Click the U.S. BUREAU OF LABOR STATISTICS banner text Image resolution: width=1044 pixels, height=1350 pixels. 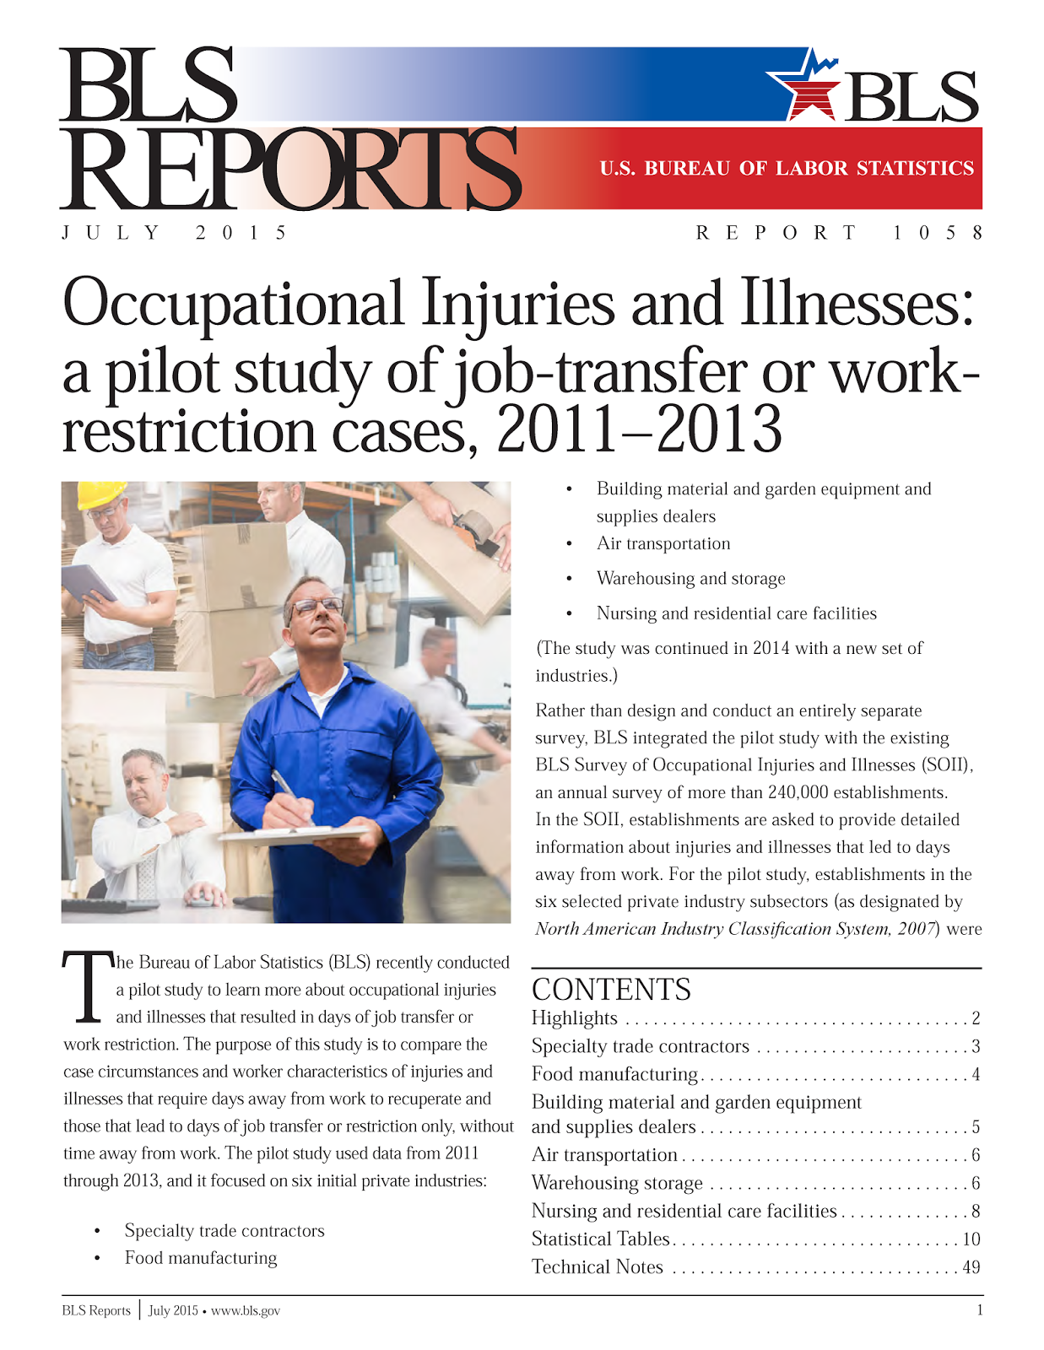(x=787, y=169)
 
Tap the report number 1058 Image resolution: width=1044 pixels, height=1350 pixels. (x=938, y=233)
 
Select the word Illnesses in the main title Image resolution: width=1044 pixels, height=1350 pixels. (x=857, y=304)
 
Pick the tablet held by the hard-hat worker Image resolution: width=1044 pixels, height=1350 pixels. (x=87, y=582)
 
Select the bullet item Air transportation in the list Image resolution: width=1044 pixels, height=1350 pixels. (x=663, y=544)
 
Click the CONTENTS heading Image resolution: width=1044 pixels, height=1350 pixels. (x=611, y=989)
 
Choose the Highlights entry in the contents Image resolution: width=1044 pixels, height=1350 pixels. (x=575, y=1018)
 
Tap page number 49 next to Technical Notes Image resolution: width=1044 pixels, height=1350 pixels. (x=971, y=1267)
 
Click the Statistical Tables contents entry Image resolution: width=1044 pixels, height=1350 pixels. (x=600, y=1239)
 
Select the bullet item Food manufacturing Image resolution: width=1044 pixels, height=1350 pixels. (x=201, y=1258)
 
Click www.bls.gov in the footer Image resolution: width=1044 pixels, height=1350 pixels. (x=246, y=1311)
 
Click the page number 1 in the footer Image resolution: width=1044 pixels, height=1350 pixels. (x=979, y=1310)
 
